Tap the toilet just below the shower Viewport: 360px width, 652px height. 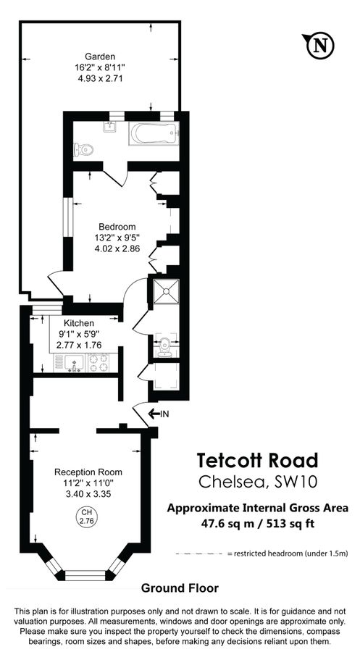click(164, 346)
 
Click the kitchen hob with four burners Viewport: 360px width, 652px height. click(104, 361)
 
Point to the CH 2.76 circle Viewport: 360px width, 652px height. click(86, 517)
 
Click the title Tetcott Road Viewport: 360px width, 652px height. click(257, 461)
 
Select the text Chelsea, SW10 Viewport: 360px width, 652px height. click(257, 482)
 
